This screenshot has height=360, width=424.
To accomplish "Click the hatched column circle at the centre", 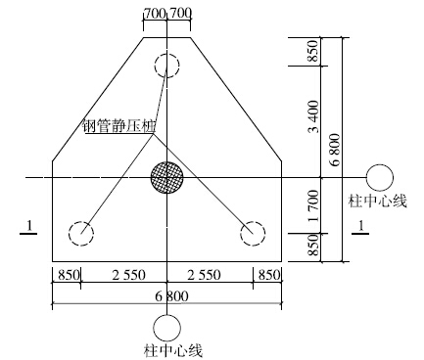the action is tap(166, 177).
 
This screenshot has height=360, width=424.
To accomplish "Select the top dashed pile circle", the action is tap(166, 54).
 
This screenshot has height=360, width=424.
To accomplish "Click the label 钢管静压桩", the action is tap(119, 126).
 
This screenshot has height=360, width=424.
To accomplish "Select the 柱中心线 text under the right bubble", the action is tap(378, 202).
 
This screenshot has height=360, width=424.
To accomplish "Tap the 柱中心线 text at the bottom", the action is tap(173, 351).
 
